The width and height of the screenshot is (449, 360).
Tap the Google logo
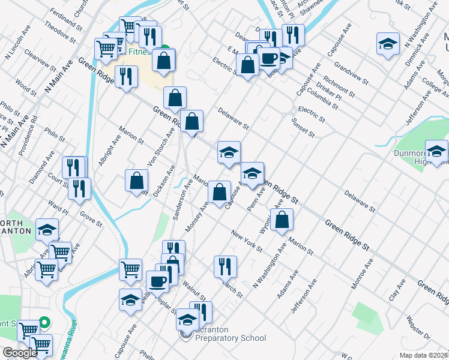click(x=20, y=353)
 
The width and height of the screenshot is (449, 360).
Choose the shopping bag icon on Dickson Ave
click(x=137, y=179)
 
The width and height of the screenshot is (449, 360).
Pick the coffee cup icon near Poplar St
click(x=158, y=281)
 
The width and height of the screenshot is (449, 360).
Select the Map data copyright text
click(x=421, y=355)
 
